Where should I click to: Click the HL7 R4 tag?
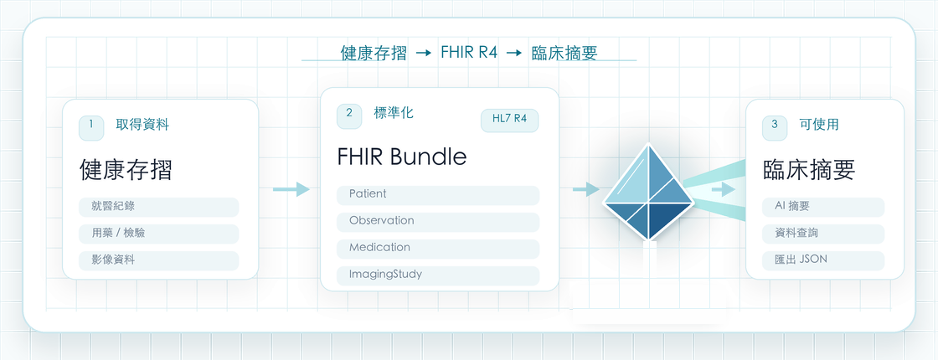(x=510, y=120)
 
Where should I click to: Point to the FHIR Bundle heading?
(x=402, y=157)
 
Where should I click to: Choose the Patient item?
(x=438, y=195)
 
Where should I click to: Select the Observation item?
(x=438, y=221)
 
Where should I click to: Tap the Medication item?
(x=438, y=248)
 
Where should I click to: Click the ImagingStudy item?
(x=438, y=275)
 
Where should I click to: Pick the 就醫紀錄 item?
(x=158, y=207)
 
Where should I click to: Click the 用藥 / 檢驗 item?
(x=158, y=234)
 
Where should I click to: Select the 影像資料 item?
(x=158, y=260)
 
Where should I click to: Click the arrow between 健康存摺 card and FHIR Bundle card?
(x=291, y=189)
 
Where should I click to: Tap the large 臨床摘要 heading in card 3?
(x=809, y=171)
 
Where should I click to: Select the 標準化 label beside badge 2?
(x=393, y=113)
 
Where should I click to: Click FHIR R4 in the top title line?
(x=469, y=52)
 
